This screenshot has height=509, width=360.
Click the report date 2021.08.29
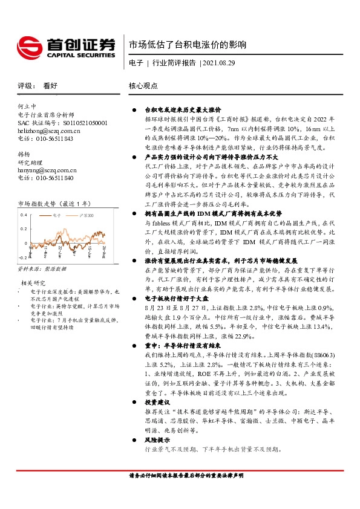click(218, 62)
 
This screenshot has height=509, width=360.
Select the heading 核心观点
click(143, 86)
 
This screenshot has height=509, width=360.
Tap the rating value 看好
click(51, 86)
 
